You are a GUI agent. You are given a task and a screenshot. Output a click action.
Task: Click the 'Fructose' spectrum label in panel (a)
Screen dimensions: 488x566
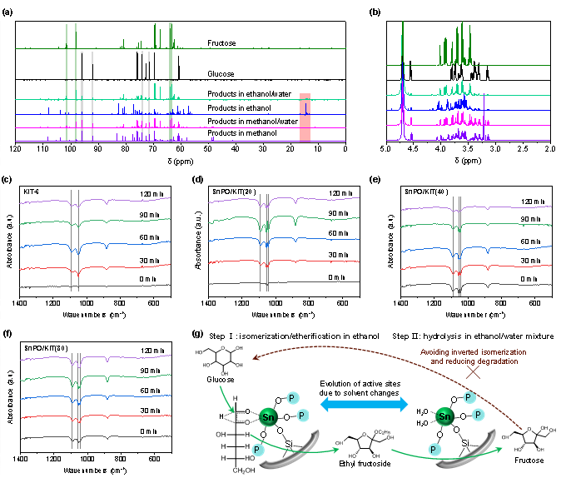pyautogui.click(x=221, y=42)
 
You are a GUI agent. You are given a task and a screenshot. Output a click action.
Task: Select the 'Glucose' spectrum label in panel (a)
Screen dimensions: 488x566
pyautogui.click(x=220, y=73)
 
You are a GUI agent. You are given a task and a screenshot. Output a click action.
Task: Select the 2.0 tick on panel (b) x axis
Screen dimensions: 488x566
pyautogui.click(x=549, y=149)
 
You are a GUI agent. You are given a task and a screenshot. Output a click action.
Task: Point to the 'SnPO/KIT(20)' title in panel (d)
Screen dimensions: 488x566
pyautogui.click(x=236, y=192)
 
